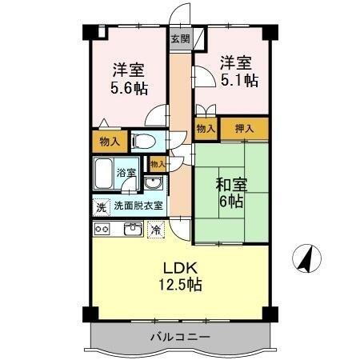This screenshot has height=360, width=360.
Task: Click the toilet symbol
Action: [144, 142]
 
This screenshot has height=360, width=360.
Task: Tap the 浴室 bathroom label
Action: [126, 172]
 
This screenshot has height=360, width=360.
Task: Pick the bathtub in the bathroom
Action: [103, 172]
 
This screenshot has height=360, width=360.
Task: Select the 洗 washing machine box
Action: [101, 206]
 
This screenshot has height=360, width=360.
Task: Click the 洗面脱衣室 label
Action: [138, 206]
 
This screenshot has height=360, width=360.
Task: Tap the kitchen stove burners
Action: [102, 229]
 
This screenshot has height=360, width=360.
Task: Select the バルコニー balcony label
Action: [180, 337]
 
